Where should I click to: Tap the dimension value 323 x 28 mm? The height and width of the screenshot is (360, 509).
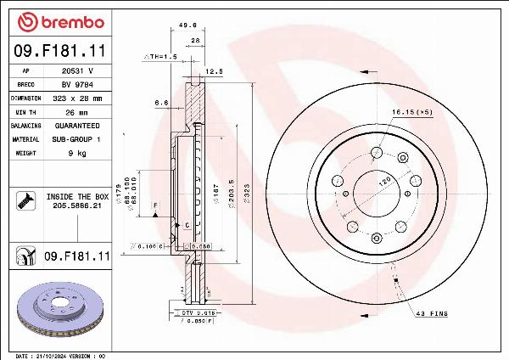pos(79,98)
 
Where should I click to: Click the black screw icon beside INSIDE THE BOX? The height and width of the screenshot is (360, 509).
pos(24,201)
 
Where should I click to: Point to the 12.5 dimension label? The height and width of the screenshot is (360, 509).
pos(214,72)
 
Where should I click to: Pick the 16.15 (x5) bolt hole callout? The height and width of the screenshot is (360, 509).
pos(411,112)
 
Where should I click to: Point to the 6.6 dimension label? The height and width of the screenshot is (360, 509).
pos(160,102)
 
